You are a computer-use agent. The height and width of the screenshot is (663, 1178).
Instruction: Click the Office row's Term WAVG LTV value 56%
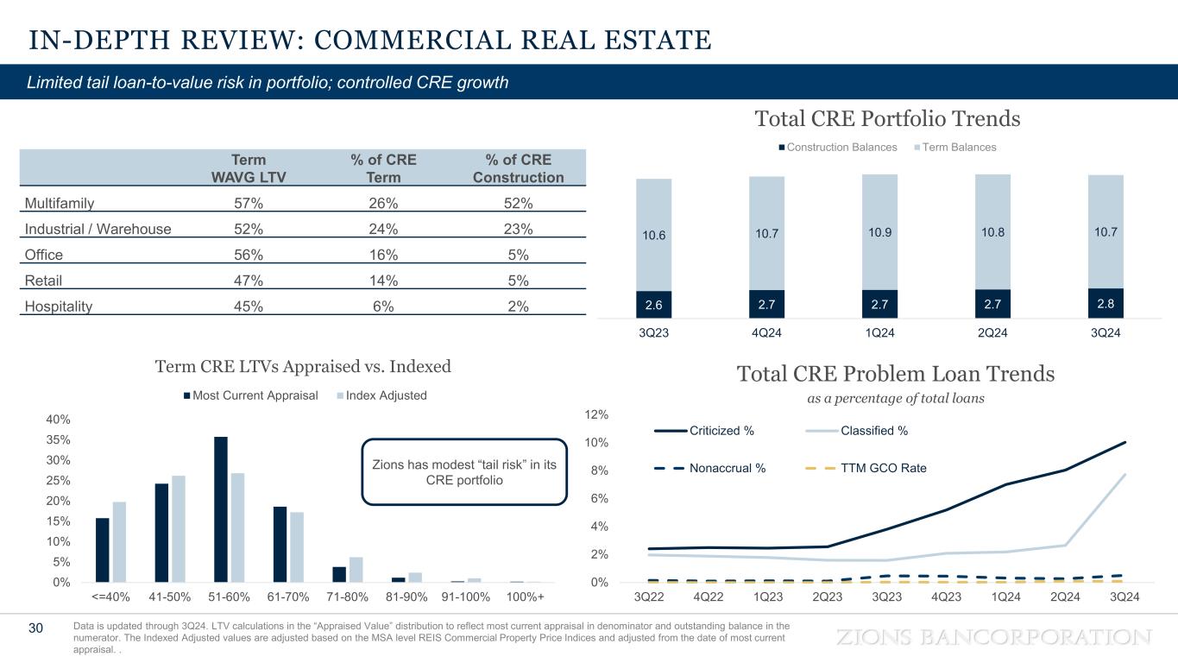coord(249,255)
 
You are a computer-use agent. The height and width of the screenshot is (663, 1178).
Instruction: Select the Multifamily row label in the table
coord(59,204)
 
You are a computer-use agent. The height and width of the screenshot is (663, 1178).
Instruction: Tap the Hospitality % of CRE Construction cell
coord(518,306)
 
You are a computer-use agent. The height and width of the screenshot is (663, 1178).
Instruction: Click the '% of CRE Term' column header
coord(383,168)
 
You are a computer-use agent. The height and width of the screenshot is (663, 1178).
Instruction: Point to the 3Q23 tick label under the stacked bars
coord(653,334)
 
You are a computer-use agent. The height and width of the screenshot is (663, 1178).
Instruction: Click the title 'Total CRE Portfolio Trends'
coord(887,118)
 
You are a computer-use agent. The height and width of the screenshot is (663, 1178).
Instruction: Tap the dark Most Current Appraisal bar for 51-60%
coord(221,509)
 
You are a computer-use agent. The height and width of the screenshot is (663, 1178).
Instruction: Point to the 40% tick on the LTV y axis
coord(58,420)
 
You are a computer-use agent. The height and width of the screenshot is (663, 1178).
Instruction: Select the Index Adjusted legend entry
coord(385,395)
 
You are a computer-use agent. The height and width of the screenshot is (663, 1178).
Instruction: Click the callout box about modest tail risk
coord(463,471)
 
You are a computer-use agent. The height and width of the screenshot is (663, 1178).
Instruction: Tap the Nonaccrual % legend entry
coord(710,468)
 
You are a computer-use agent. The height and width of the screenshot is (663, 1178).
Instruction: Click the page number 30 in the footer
coord(36,628)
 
